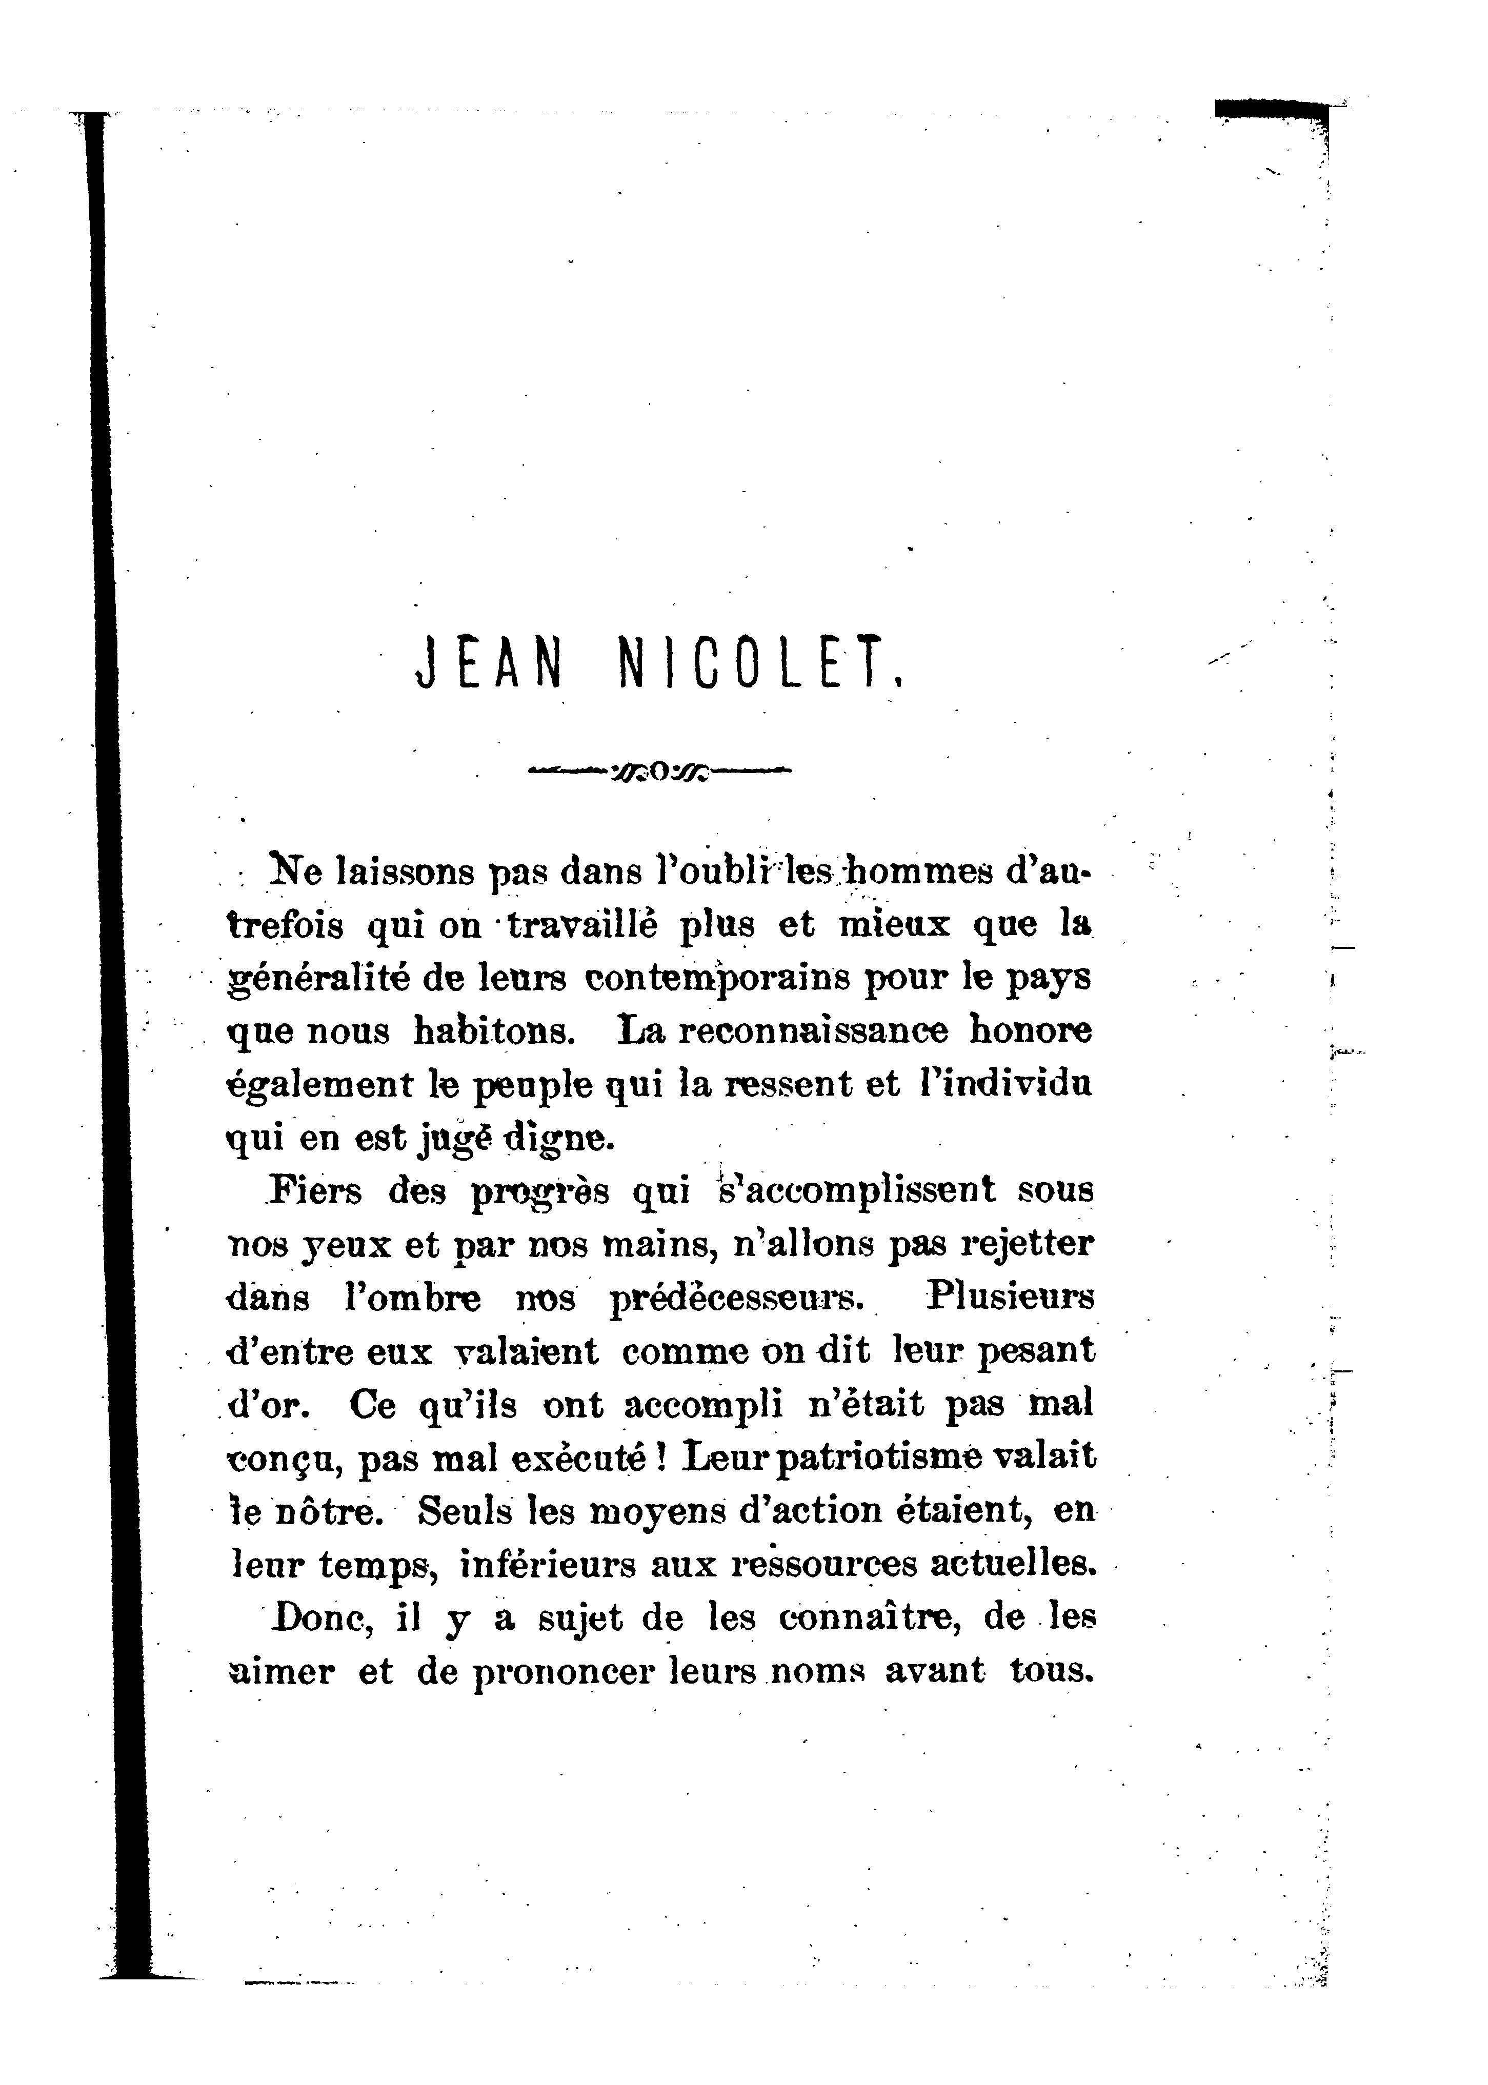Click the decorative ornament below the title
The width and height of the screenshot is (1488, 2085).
(x=660, y=772)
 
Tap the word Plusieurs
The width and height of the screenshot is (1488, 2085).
(x=1011, y=1297)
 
